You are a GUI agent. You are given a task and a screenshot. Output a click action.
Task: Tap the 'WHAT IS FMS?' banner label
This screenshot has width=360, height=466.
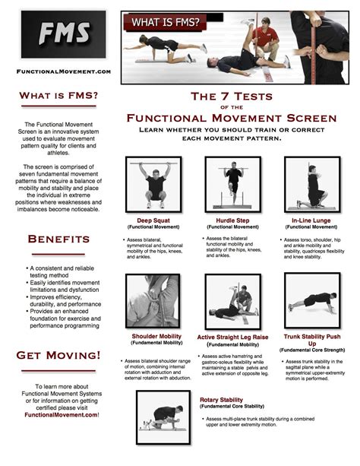(x=166, y=23)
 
